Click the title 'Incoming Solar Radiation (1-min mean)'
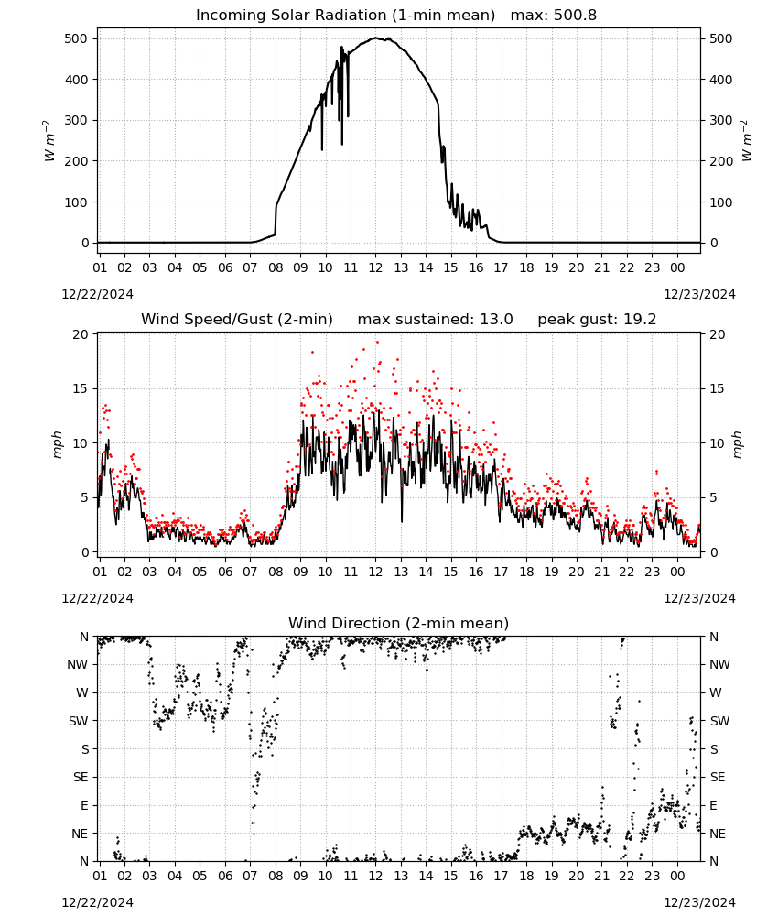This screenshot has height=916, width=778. (x=345, y=16)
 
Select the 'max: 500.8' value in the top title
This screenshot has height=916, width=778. (x=554, y=16)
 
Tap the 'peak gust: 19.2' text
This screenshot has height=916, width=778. (x=597, y=320)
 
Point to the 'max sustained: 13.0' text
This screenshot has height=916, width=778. (x=435, y=320)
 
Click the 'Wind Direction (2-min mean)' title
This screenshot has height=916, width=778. (x=399, y=623)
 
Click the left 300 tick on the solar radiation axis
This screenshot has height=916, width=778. (x=77, y=120)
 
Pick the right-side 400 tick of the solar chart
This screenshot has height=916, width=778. (x=720, y=80)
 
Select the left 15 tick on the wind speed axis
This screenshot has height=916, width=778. (x=81, y=388)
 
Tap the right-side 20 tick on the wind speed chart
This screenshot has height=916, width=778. (x=718, y=334)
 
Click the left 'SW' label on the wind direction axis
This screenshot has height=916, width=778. (x=79, y=721)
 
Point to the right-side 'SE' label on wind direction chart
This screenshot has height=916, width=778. (x=718, y=777)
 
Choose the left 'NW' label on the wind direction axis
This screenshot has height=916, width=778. (x=78, y=664)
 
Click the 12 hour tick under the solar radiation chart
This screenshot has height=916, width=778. (x=375, y=267)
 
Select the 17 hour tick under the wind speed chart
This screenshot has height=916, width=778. (x=501, y=572)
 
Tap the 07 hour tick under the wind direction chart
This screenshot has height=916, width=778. (x=250, y=876)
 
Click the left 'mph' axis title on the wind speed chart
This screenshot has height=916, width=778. (x=57, y=444)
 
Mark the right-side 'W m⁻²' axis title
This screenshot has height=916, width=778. (x=747, y=140)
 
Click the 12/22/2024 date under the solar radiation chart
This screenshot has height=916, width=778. (x=97, y=294)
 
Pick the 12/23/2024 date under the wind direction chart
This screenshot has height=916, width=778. (x=699, y=902)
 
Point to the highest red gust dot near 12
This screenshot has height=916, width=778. (x=377, y=342)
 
